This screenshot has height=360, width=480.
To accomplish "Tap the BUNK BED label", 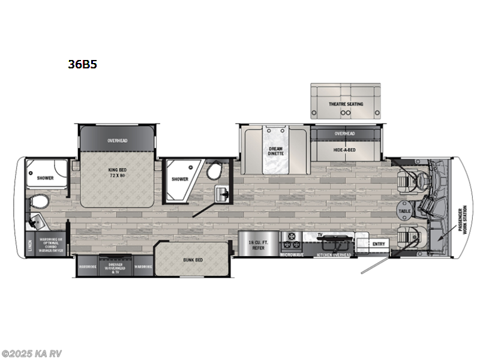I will tap(193, 260).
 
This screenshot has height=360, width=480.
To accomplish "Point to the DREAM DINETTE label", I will tap(275, 151).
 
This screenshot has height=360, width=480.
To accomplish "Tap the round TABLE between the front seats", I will tap(404, 211).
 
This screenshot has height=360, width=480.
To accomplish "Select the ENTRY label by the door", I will tap(379, 244).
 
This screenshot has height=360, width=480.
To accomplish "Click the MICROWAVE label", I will tap(292, 254).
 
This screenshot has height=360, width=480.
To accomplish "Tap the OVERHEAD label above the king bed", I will tap(118, 140).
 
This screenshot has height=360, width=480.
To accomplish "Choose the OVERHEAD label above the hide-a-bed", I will tap(345, 133).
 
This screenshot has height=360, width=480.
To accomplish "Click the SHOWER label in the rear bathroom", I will tap(45, 178).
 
